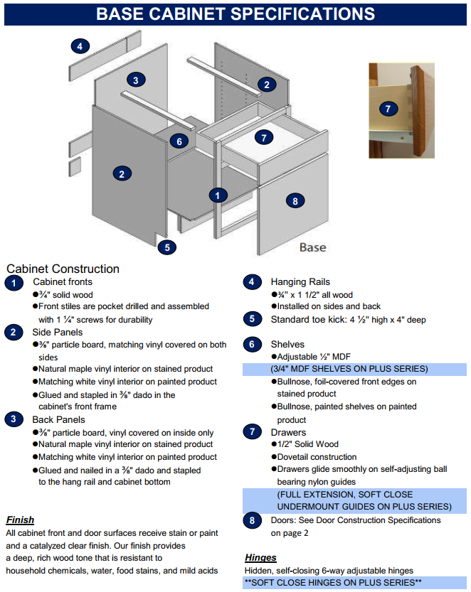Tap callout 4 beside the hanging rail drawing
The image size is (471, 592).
(80, 47)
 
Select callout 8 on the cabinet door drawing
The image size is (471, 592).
(295, 201)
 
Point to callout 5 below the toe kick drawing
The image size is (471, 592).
(166, 247)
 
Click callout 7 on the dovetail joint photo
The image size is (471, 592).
(388, 109)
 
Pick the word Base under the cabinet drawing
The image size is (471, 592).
(312, 247)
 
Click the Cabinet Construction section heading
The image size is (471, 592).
(63, 269)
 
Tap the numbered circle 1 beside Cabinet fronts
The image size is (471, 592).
(14, 284)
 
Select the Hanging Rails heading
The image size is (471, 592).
(300, 282)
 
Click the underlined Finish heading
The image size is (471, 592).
(20, 520)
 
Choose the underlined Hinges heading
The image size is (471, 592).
(260, 557)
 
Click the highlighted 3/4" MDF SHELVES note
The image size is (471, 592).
(349, 369)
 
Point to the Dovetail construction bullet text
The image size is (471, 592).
(317, 457)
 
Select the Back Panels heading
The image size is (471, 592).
(58, 419)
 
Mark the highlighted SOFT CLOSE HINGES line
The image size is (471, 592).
(333, 583)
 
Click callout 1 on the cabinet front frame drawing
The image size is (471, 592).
(218, 195)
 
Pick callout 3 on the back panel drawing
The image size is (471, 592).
(136, 80)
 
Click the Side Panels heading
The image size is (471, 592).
(57, 332)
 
